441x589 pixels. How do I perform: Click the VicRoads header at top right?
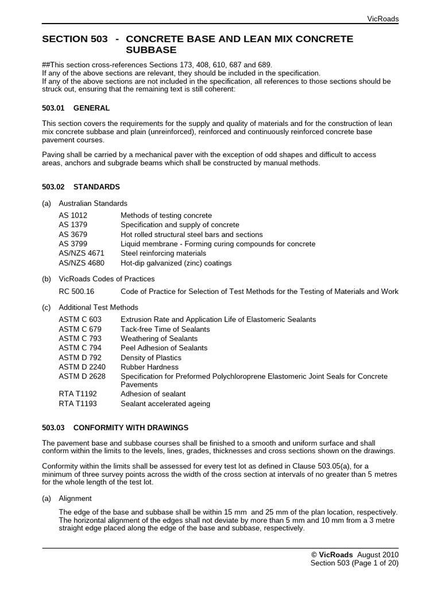382,19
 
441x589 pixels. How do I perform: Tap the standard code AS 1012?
73,215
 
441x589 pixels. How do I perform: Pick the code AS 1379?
73,225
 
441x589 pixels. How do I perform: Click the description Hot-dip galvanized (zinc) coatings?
176,263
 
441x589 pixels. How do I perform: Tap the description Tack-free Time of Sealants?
165,329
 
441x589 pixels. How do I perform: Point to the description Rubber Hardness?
149,367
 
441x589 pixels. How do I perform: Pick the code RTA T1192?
78,394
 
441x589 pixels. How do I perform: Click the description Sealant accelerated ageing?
165,404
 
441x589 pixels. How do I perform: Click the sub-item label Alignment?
75,499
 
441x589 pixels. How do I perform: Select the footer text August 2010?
377,554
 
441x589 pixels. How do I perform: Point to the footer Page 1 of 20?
374,564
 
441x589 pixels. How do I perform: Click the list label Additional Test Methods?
98,307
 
